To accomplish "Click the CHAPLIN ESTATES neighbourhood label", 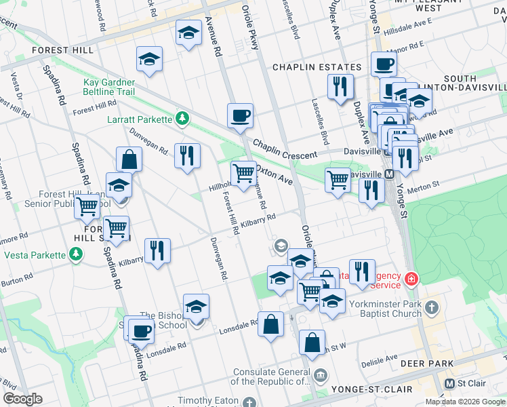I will click(x=317, y=67).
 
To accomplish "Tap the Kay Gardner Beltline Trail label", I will click(x=108, y=87).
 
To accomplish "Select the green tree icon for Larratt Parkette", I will click(x=181, y=119).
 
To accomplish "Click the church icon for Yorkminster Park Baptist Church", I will click(x=430, y=309).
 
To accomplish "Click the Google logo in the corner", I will click(x=23, y=399).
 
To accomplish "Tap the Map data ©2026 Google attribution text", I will click(x=466, y=402).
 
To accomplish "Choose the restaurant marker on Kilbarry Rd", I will click(x=157, y=250).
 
